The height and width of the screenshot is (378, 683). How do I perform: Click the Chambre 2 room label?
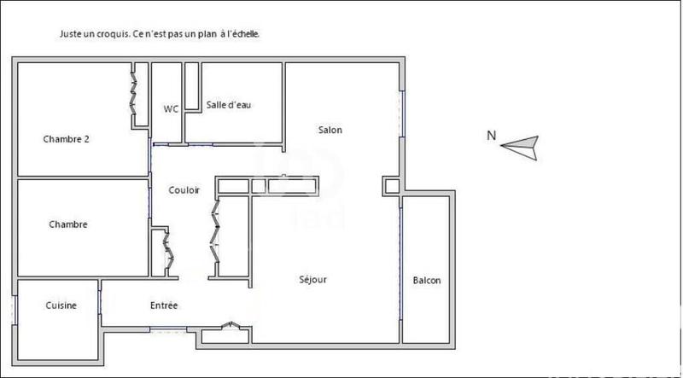pos(67,139)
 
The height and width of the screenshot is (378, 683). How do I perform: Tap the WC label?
pos(171,108)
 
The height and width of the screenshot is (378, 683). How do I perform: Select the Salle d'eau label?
pos(229,105)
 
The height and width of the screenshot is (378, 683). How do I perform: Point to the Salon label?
pos(330,130)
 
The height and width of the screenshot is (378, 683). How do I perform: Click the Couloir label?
pos(184,190)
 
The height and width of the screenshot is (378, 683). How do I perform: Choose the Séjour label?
pos(312,279)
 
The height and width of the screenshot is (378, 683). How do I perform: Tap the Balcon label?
pos(427,281)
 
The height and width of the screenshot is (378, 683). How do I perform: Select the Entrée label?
pos(164,305)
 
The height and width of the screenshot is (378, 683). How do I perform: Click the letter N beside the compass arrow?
pos(491,135)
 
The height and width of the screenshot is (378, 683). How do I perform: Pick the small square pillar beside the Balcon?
pos(391,185)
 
